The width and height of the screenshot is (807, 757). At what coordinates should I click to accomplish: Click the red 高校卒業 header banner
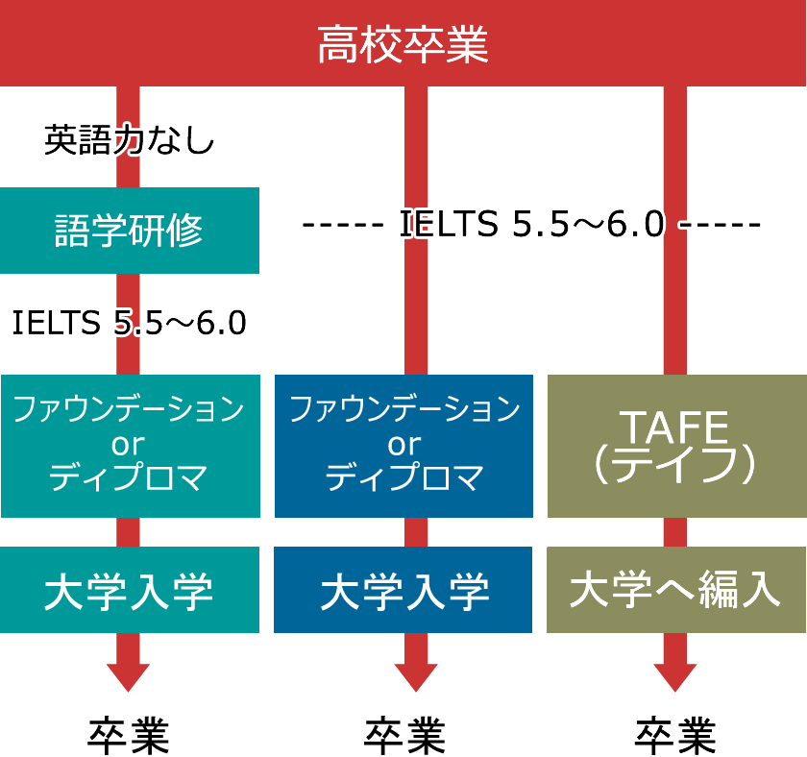403,43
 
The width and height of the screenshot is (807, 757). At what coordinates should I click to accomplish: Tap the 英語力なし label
129,140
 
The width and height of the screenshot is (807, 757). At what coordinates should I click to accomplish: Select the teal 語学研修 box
129,231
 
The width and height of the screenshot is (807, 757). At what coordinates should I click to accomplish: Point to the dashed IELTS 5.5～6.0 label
531,224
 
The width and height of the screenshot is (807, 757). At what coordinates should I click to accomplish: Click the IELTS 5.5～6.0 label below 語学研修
129,323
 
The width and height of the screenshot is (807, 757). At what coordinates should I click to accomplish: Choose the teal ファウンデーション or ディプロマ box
131,446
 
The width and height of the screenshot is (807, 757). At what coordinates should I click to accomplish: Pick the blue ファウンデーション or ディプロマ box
404,446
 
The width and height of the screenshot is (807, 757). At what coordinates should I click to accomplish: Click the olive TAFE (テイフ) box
676,446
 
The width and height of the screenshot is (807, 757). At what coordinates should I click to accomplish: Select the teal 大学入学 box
129,590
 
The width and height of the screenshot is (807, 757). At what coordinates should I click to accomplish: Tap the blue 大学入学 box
403,590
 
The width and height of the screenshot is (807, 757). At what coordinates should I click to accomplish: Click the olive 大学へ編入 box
676,590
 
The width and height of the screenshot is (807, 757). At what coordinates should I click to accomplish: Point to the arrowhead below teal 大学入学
128,677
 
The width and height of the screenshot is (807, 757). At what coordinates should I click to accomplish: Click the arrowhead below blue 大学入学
416,677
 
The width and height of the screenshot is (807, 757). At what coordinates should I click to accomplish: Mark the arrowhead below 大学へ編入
675,677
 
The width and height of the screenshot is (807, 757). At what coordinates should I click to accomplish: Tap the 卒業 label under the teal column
129,736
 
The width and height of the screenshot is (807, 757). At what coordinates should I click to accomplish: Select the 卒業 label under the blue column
404,736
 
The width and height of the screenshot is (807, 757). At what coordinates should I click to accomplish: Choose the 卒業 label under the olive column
675,736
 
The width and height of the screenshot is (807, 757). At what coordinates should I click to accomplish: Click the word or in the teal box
128,445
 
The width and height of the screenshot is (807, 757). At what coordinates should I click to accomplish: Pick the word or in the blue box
404,445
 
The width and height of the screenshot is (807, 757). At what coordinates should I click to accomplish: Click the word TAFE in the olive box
676,427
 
